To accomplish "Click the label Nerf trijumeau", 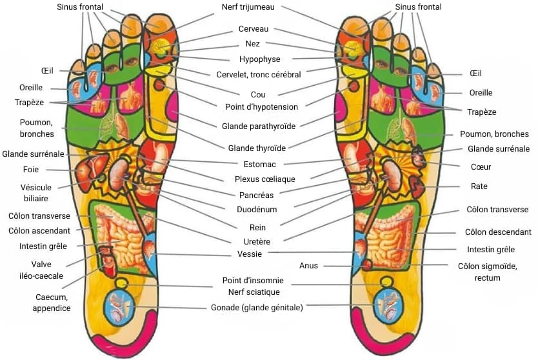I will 254,7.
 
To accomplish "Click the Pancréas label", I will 256,194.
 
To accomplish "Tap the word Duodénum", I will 257,209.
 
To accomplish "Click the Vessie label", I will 250,254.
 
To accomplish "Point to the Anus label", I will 308,266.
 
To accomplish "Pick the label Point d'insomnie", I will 253,281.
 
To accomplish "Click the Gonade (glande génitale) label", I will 257,308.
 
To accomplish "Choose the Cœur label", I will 481,167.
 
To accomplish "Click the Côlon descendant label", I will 498,232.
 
